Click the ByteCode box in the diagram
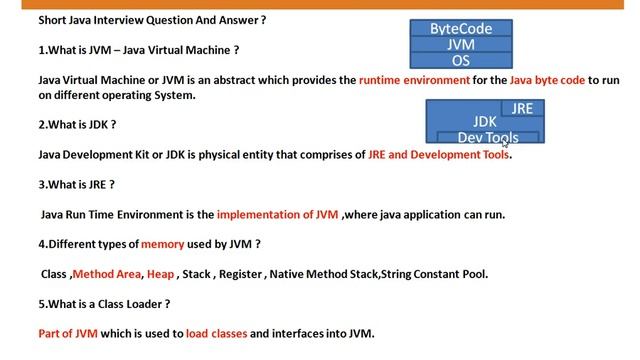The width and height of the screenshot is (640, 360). [461, 29]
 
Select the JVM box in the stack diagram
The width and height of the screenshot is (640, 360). [461, 45]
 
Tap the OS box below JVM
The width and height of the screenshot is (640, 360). [461, 60]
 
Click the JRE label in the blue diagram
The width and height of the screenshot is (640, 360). [522, 108]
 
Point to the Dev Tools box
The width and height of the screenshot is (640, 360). [487, 137]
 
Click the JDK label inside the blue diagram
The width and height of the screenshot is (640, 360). [485, 122]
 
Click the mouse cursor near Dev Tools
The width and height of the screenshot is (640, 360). [506, 144]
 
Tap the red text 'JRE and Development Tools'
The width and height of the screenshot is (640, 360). [439, 155]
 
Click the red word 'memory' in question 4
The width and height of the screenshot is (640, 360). [162, 243]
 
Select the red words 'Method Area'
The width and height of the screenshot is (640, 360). [107, 273]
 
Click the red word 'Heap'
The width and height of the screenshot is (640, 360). [160, 273]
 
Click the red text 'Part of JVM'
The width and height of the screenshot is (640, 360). [68, 333]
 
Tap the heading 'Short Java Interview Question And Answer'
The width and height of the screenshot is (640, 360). [151, 20]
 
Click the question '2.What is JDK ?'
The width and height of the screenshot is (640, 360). [77, 125]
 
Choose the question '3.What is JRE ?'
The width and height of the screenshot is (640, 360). [76, 184]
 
